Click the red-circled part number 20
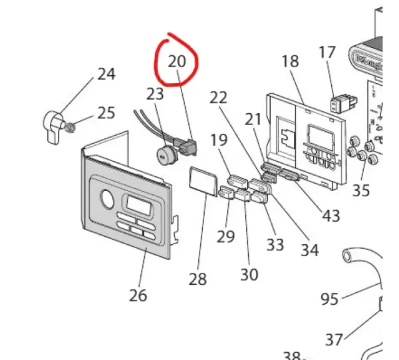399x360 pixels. tap(177, 61)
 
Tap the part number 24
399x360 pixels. tap(106, 74)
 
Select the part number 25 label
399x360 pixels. tap(106, 112)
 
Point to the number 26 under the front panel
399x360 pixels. tap(138, 295)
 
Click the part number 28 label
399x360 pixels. tap(198, 279)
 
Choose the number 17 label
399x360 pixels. tap(327, 52)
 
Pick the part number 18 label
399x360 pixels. tap(290, 61)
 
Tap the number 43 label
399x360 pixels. tap(331, 216)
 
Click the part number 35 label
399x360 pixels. tap(360, 191)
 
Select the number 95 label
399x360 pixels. tap(330, 299)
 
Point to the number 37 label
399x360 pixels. tap(334, 340)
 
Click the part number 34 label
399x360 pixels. tap(309, 250)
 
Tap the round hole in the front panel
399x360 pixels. tap(106, 198)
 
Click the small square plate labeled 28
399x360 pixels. tap(201, 181)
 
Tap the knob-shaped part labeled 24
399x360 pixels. tap(54, 124)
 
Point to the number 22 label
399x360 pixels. tap(219, 97)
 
